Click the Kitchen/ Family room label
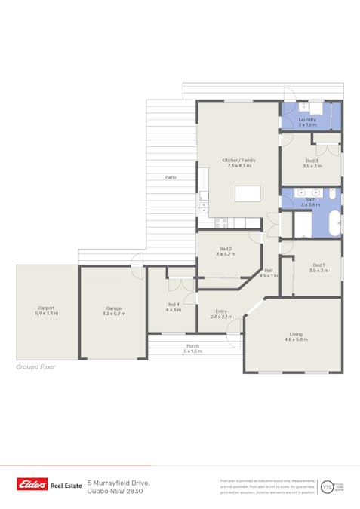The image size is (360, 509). pyautogui.click(x=238, y=163)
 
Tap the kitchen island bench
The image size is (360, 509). pyautogui.click(x=248, y=194)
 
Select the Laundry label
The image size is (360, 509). pyautogui.click(x=307, y=122)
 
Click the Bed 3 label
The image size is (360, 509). pyautogui.click(x=312, y=163)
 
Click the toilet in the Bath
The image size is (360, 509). pyautogui.click(x=332, y=194)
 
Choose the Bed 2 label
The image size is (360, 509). pyautogui.click(x=225, y=251)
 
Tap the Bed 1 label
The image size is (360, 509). pyautogui.click(x=318, y=267)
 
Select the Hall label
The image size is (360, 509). pyautogui.click(x=269, y=274)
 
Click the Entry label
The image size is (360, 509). pyautogui.click(x=220, y=313)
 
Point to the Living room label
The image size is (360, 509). pyautogui.click(x=296, y=336)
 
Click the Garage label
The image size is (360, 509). pyautogui.click(x=113, y=310)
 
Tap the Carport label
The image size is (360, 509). pyautogui.click(x=47, y=310)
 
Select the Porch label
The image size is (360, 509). pyautogui.click(x=193, y=348)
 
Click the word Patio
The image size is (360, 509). pyautogui.click(x=171, y=177)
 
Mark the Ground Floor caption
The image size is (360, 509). pyautogui.click(x=35, y=368)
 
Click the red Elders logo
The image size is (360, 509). pyautogui.click(x=32, y=486)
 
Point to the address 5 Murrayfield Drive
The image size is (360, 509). pyautogui.click(x=118, y=482)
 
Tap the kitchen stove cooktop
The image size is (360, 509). pyautogui.click(x=221, y=223)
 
